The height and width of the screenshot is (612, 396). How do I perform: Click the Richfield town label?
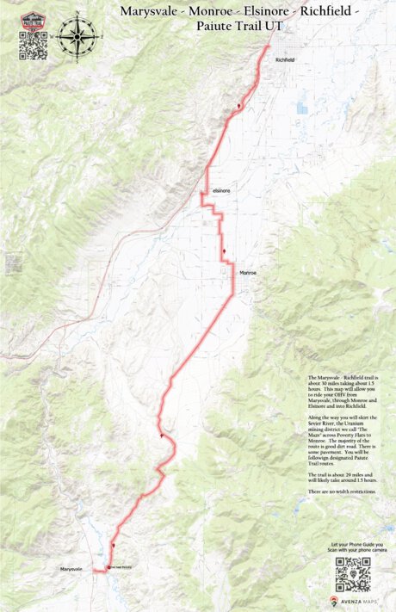pyautogui.click(x=284, y=59)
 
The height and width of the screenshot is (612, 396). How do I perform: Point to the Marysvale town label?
pyautogui.click(x=73, y=570)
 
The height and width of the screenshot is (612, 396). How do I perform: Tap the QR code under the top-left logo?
pyautogui.click(x=33, y=48)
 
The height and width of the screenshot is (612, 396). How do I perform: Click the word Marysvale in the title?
pyautogui.click(x=148, y=12)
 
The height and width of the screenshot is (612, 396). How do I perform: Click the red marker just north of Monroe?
pyautogui.click(x=224, y=251)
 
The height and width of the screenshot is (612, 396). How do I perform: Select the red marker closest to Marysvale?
pyautogui.click(x=112, y=545)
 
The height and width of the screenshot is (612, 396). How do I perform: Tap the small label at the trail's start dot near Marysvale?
pyautogui.click(x=121, y=567)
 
